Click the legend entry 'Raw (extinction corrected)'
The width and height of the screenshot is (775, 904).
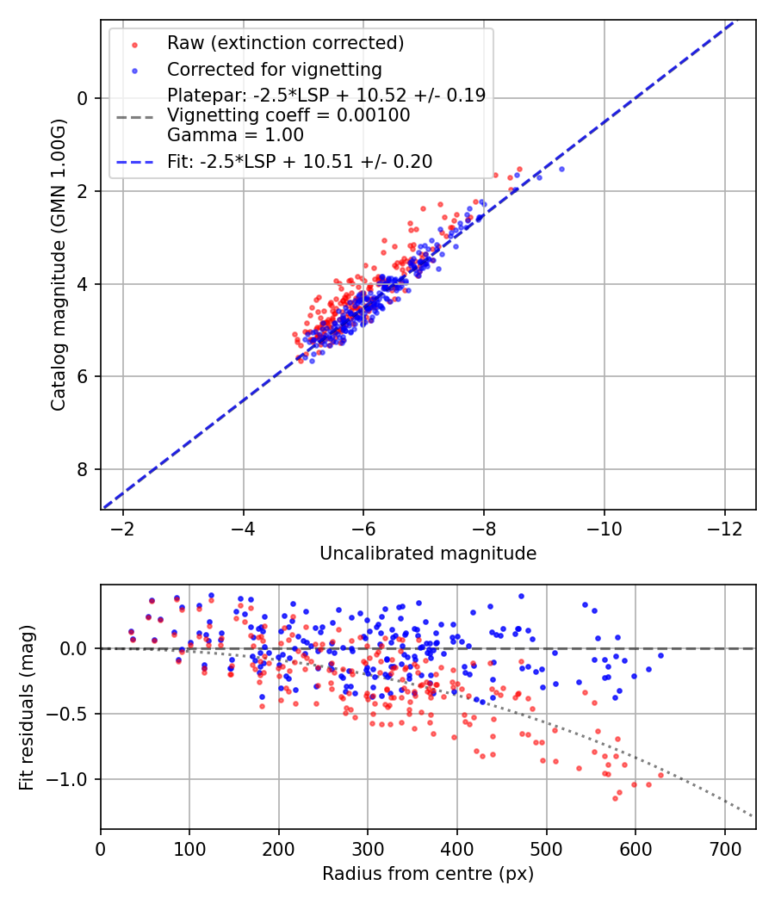pyautogui.click(x=285, y=43)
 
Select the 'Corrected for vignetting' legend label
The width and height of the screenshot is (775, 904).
pyautogui.click(x=274, y=69)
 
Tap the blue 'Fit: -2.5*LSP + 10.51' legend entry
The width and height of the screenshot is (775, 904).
pyautogui.click(x=300, y=161)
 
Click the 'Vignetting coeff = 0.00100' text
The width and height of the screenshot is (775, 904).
pyautogui.click(x=288, y=115)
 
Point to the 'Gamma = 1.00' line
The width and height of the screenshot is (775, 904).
pyautogui.click(x=235, y=134)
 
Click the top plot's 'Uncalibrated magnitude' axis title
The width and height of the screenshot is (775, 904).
pyautogui.click(x=428, y=554)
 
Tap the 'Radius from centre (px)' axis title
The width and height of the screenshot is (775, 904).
pyautogui.click(x=428, y=874)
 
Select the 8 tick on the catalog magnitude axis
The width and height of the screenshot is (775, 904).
pyautogui.click(x=83, y=469)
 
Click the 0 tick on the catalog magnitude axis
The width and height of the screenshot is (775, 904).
pyautogui.click(x=83, y=98)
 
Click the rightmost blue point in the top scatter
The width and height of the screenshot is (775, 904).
pyautogui.click(x=561, y=169)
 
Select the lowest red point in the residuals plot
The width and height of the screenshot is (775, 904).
pyautogui.click(x=615, y=798)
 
